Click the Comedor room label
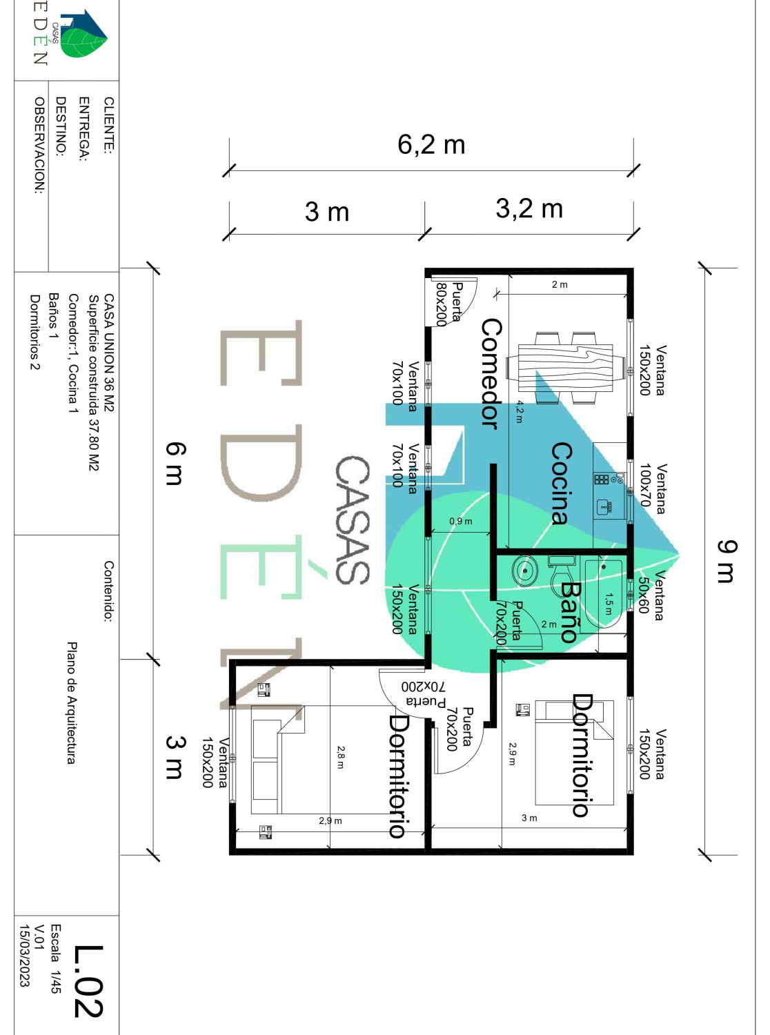click(x=490, y=373)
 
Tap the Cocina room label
click(x=561, y=483)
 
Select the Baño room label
click(x=570, y=611)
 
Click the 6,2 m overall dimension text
click(x=431, y=145)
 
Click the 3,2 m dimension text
click(x=529, y=208)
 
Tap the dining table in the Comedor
click(x=564, y=367)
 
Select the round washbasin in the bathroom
click(x=525, y=571)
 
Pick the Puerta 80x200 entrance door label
click(x=448, y=303)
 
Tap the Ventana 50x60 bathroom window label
click(x=651, y=595)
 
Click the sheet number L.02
click(x=88, y=981)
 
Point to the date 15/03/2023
click(x=24, y=956)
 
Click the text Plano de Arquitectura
click(x=71, y=702)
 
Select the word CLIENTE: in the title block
click(x=108, y=124)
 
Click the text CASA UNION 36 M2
click(x=108, y=353)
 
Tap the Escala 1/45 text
click(x=56, y=958)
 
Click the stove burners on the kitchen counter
click(x=602, y=479)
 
